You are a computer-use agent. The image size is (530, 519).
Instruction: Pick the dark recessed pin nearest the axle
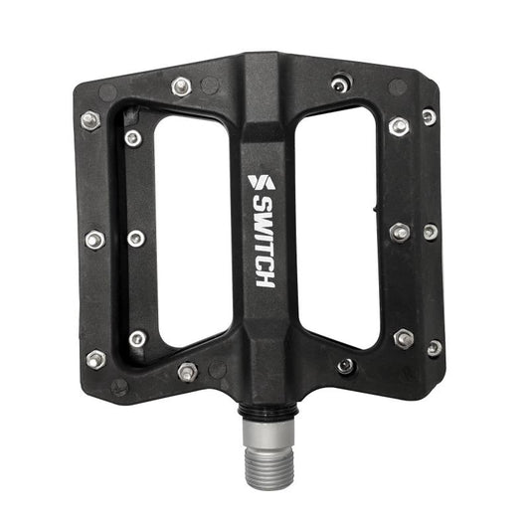345,365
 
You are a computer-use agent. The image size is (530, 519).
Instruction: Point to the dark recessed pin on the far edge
340,85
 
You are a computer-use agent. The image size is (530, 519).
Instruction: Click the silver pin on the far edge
180,86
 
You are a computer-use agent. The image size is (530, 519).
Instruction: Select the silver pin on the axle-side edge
187,372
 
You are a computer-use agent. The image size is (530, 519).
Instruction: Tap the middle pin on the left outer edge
94,240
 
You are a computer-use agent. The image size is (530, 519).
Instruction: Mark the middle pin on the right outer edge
430,231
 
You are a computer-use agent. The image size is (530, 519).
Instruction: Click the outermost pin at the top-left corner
89,120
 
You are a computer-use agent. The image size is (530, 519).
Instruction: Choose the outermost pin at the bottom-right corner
435,348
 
